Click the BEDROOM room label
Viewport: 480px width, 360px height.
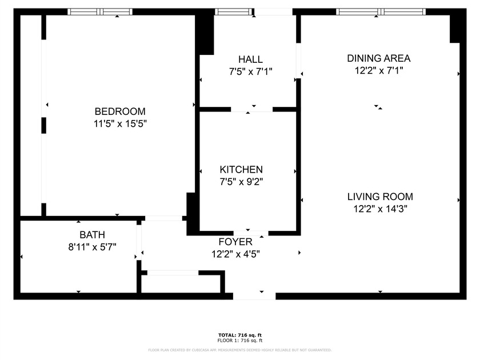(120, 111)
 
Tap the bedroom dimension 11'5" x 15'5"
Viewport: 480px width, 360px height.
(120, 123)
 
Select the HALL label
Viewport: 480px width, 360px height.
(250, 59)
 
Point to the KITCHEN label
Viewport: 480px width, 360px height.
(241, 170)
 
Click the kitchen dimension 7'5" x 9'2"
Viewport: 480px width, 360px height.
(241, 182)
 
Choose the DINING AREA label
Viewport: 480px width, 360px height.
(379, 58)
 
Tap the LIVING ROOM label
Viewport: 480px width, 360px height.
(380, 197)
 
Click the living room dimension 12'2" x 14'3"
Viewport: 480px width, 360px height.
(380, 209)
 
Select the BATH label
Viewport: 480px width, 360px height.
(92, 235)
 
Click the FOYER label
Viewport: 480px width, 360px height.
(235, 242)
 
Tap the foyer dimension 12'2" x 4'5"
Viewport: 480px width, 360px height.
(235, 254)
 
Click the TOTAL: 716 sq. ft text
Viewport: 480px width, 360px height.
(239, 335)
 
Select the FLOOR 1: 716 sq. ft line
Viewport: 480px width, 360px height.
(239, 340)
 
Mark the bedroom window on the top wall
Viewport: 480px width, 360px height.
(100, 11)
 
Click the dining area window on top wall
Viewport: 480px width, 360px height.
(381, 11)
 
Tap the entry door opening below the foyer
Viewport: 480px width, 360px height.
(254, 295)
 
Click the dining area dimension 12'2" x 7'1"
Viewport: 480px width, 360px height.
(379, 71)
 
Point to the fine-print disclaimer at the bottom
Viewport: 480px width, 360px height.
(239, 349)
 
